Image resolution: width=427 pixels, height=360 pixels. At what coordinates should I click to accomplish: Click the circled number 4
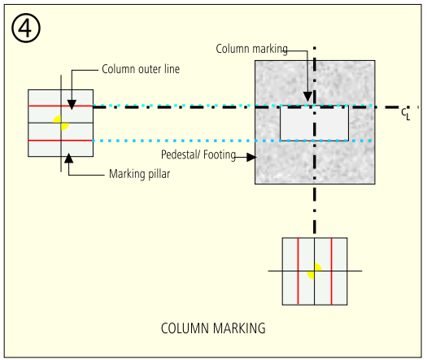[x=26, y=28]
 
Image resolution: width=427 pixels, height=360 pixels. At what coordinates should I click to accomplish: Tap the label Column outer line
[x=141, y=69]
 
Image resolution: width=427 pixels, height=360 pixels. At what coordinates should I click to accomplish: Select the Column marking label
[x=252, y=49]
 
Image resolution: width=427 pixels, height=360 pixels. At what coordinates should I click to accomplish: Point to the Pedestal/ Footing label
[x=198, y=155]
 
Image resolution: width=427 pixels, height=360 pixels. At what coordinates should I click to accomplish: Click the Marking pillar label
[x=139, y=174]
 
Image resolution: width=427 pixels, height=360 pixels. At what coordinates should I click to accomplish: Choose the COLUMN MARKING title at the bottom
[x=213, y=328]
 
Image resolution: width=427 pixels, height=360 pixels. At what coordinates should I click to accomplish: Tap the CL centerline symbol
[x=406, y=114]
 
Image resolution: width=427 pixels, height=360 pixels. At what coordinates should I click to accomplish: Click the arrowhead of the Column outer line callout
[x=72, y=105]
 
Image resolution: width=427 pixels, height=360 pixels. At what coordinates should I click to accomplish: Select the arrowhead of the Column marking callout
[x=307, y=97]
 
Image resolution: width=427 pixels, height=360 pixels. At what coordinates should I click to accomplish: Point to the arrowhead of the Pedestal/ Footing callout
[x=251, y=157]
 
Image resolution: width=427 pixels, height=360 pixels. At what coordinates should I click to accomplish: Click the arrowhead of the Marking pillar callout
[x=68, y=158]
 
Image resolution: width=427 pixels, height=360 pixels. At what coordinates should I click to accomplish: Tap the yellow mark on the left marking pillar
[x=61, y=123]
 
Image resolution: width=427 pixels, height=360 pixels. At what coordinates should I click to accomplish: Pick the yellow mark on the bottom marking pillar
[x=315, y=271]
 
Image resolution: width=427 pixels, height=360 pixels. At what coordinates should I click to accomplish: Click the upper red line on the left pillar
[x=61, y=106]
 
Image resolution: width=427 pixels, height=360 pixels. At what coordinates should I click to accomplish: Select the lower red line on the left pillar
[x=61, y=141]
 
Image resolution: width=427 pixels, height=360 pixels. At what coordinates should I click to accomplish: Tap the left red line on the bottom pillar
[x=298, y=271]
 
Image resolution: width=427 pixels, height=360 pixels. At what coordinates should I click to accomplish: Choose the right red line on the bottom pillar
[x=331, y=271]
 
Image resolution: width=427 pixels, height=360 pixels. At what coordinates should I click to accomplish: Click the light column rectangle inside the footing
[x=314, y=124]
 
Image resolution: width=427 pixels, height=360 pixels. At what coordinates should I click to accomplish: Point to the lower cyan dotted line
[x=233, y=141]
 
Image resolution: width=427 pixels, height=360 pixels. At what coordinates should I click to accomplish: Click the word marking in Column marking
[x=270, y=50]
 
